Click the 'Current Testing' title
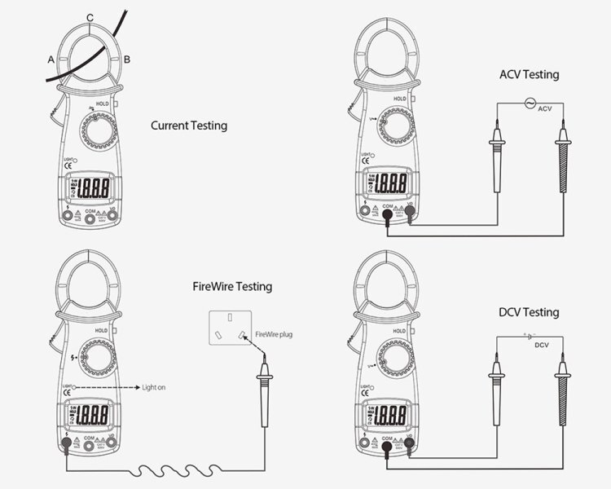pyautogui.click(x=189, y=126)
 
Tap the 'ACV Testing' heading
pyautogui.click(x=529, y=75)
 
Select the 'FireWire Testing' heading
pyautogui.click(x=232, y=287)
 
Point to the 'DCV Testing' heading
pyautogui.click(x=529, y=312)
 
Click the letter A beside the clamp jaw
pyautogui.click(x=51, y=59)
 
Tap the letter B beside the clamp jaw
pyautogui.click(x=126, y=59)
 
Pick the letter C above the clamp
pyautogui.click(x=90, y=17)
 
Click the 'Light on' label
pyautogui.click(x=153, y=387)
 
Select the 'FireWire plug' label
pyautogui.click(x=273, y=334)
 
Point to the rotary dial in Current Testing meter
pyautogui.click(x=97, y=131)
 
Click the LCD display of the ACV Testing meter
pyautogui.click(x=389, y=183)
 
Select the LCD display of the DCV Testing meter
pyautogui.click(x=389, y=417)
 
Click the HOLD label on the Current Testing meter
pyautogui.click(x=102, y=104)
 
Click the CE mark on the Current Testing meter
pyautogui.click(x=68, y=168)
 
